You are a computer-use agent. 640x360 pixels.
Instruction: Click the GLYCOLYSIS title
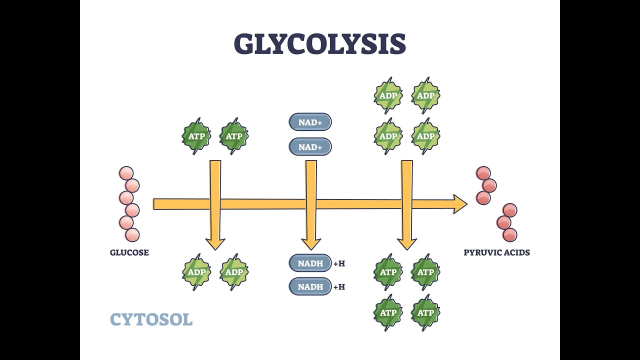click(x=319, y=44)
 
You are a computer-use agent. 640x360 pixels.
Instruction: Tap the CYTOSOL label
click(x=151, y=319)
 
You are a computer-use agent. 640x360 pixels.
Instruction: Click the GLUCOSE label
click(x=129, y=252)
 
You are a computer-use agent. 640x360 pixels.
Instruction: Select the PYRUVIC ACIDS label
click(x=496, y=252)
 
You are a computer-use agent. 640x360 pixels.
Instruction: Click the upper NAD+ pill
click(x=310, y=122)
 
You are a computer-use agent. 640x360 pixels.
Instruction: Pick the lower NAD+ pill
click(x=310, y=147)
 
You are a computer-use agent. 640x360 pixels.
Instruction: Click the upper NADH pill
click(x=310, y=263)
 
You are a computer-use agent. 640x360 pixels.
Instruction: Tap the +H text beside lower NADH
click(x=339, y=287)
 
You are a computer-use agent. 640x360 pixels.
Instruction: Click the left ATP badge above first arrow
click(x=196, y=136)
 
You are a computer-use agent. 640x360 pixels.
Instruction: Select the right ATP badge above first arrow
click(x=233, y=136)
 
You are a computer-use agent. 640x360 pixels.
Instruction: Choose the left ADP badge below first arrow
click(x=196, y=272)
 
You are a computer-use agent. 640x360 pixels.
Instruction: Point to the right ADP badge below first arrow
click(x=233, y=272)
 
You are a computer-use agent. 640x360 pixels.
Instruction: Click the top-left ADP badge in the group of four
click(x=388, y=95)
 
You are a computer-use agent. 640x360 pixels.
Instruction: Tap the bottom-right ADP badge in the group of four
click(x=425, y=136)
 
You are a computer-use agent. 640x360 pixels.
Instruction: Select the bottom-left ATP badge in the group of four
click(x=388, y=313)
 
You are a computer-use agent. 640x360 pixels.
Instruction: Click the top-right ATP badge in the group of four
click(x=425, y=272)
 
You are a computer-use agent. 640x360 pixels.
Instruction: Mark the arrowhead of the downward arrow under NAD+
click(x=311, y=244)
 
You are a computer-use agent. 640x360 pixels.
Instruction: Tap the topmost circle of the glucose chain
click(x=126, y=173)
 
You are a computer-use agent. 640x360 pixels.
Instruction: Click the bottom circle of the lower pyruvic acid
click(x=509, y=234)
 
